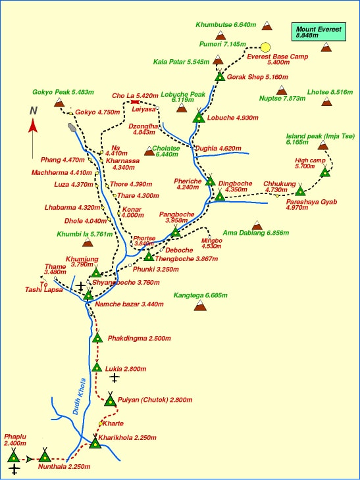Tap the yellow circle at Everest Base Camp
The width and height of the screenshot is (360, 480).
(265, 47)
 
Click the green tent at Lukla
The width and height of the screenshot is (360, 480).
(97, 366)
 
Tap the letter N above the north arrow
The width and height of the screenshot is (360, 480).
(33, 110)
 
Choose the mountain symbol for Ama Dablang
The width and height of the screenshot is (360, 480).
(257, 226)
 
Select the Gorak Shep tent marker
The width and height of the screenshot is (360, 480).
(220, 76)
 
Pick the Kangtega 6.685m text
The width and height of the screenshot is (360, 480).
(199, 295)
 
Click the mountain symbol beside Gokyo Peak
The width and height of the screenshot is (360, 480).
(60, 103)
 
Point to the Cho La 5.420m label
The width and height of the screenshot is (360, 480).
(136, 95)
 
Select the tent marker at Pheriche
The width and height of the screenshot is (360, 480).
(210, 181)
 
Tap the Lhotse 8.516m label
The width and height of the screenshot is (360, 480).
(327, 92)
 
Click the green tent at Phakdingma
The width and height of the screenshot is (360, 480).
(97, 337)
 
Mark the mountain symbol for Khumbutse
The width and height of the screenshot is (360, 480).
(267, 26)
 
